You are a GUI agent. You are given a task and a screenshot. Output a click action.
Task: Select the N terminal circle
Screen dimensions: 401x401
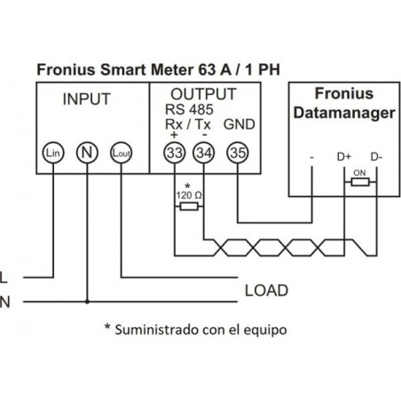click(86, 153)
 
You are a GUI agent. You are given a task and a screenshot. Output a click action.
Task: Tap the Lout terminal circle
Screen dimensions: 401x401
click(121, 153)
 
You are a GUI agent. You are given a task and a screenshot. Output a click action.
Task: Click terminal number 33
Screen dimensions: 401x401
click(174, 153)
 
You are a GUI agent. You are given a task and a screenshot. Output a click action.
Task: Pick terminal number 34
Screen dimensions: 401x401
click(204, 153)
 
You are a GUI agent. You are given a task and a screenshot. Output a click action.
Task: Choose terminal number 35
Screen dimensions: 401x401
click(238, 153)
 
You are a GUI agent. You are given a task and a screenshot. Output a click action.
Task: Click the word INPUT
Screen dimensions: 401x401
click(86, 99)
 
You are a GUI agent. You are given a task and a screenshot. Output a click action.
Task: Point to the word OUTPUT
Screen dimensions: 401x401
click(203, 94)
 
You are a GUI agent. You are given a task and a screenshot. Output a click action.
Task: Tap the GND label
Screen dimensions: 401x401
click(237, 123)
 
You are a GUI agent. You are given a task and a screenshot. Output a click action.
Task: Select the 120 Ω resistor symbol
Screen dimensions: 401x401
click(188, 205)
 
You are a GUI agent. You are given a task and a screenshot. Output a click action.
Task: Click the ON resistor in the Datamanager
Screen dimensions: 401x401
click(358, 182)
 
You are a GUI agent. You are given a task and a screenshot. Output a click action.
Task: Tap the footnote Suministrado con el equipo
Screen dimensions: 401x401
click(197, 328)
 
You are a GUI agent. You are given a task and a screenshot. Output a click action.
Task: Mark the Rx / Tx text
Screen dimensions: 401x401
click(187, 123)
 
